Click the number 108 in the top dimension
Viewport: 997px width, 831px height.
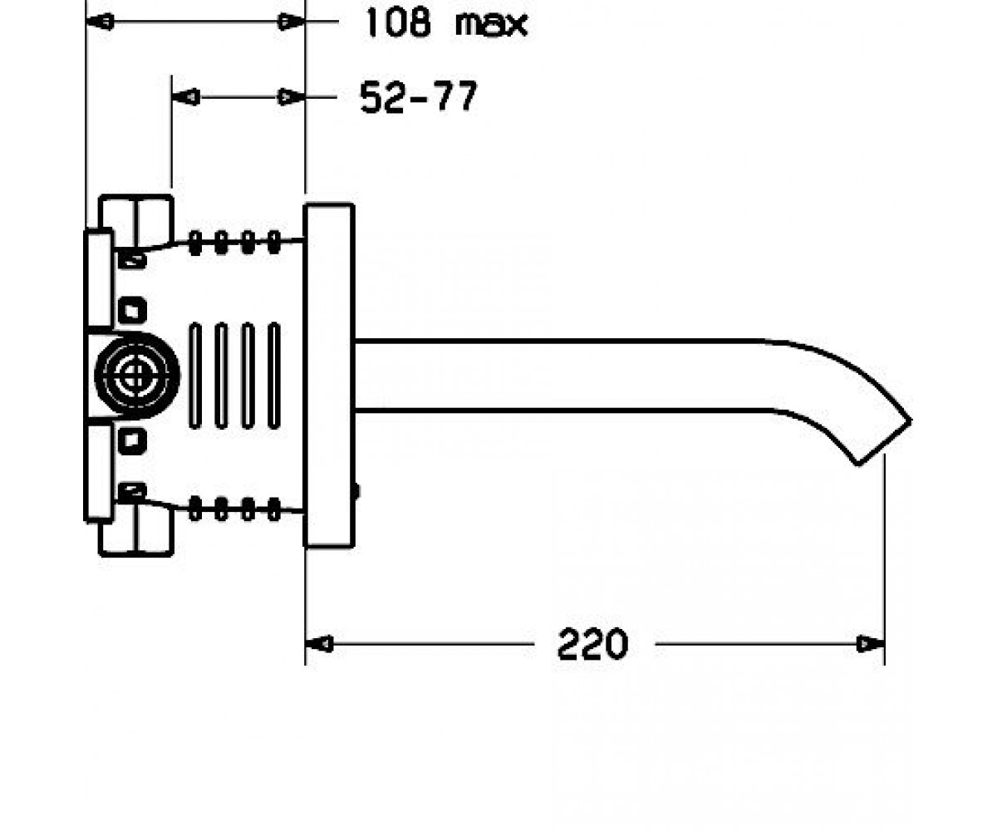click(398, 22)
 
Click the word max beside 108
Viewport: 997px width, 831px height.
click(491, 24)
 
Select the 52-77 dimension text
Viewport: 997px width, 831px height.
click(418, 96)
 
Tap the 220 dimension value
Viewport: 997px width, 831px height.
click(592, 644)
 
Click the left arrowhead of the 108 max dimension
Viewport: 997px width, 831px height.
click(101, 22)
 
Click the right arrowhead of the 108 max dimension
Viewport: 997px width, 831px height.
click(291, 22)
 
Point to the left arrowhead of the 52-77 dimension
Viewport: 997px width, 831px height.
click(186, 97)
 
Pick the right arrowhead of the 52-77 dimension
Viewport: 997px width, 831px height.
click(291, 97)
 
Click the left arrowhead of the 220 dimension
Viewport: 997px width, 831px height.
click(319, 644)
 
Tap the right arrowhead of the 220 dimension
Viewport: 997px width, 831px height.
click(871, 644)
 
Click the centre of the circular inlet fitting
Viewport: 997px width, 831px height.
click(137, 376)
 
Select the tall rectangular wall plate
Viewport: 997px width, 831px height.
click(329, 376)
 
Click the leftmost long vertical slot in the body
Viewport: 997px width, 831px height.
click(195, 376)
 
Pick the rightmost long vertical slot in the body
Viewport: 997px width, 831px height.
click(274, 376)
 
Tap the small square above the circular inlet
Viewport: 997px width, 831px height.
click(132, 311)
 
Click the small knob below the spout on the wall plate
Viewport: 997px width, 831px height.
click(356, 491)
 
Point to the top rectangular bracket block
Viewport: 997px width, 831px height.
click(136, 222)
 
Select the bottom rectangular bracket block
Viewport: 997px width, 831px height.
click(136, 531)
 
